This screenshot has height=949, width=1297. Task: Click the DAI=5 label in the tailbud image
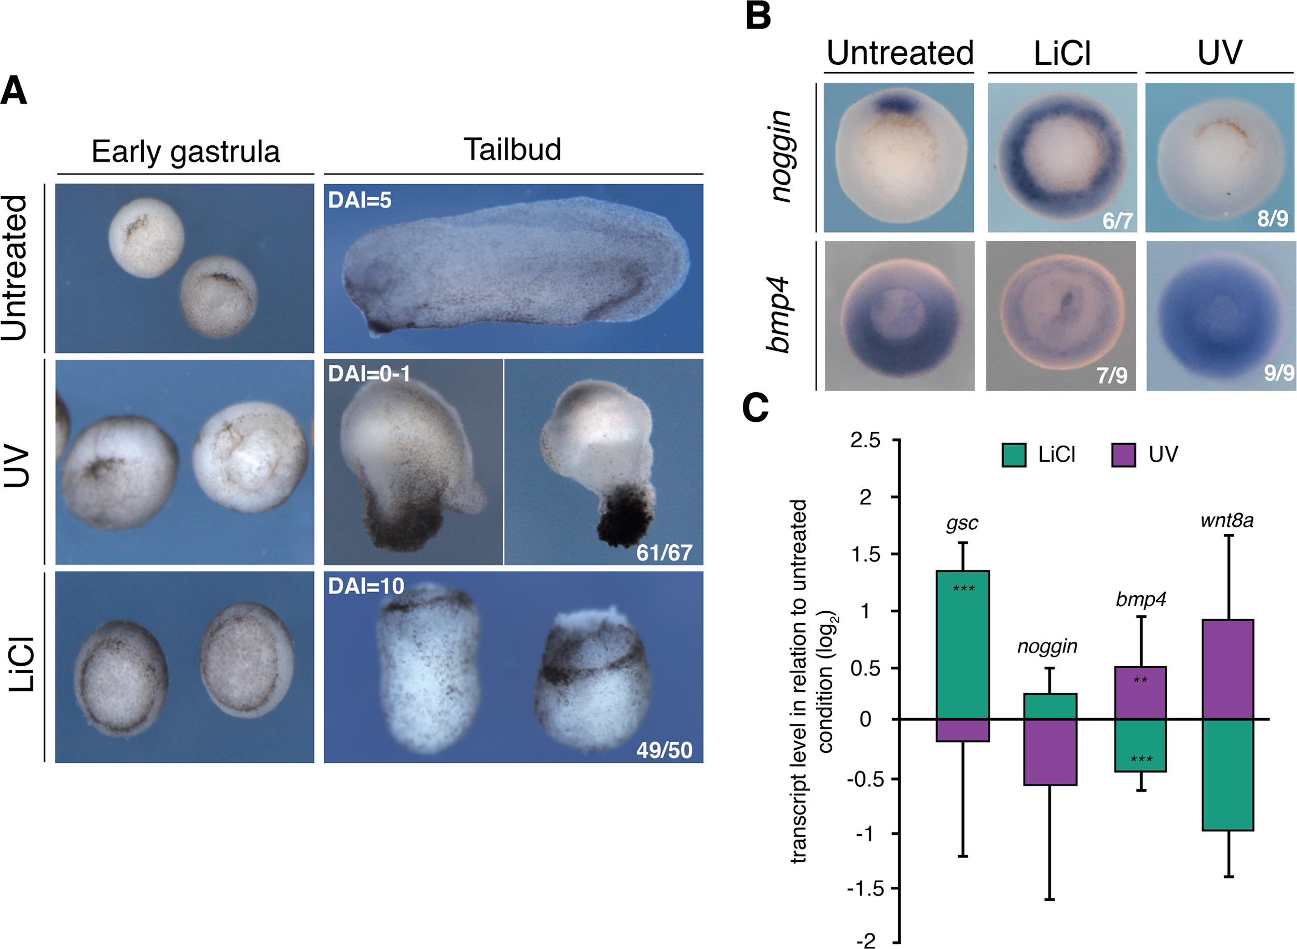pos(360,200)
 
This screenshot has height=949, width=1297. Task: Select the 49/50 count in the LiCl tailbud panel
pos(664,750)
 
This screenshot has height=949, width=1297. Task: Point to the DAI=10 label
pos(366,586)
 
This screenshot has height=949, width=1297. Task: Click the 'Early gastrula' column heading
pos(186,152)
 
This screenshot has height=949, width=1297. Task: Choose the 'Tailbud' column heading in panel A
pos(513,149)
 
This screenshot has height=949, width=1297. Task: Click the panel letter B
pos(757,16)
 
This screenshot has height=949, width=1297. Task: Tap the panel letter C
pos(755,407)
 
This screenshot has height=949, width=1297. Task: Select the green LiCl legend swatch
pos(1014,455)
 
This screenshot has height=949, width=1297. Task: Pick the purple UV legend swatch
pos(1124,455)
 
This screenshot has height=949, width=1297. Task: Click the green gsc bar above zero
pos(963,644)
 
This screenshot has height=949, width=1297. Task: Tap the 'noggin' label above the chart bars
pos(1047,647)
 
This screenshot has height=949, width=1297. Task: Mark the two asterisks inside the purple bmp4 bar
pos(1140,681)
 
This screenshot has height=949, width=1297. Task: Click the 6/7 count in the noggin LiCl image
pos(1116,221)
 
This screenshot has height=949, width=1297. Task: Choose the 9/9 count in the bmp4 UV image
pos(1279,374)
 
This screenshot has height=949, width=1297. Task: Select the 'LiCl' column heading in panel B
pos(1062,53)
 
